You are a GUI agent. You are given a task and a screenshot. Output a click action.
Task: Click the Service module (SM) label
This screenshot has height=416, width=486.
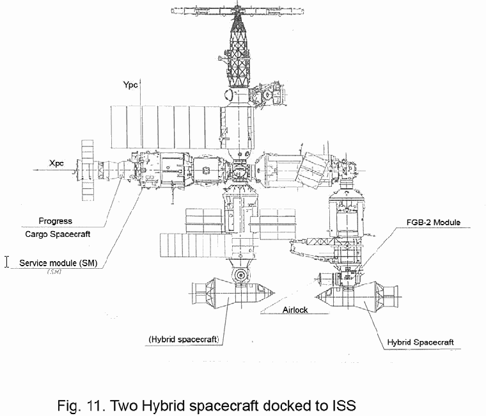(x=58, y=263)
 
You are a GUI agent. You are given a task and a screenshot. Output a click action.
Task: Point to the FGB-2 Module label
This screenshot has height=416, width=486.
(x=432, y=223)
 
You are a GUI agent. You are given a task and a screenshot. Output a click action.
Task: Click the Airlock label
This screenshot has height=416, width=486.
(x=295, y=310)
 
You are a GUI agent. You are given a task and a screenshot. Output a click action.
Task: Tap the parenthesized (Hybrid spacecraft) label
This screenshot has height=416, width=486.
(x=184, y=338)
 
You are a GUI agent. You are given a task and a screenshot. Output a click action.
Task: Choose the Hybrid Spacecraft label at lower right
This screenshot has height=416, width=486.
(x=420, y=342)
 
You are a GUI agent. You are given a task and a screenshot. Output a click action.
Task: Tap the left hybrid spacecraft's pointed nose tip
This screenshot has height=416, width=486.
(x=275, y=294)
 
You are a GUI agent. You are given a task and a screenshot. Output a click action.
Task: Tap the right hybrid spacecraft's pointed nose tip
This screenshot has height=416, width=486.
(x=317, y=295)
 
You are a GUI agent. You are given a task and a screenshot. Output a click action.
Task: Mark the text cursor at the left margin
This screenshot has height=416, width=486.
(x=7, y=261)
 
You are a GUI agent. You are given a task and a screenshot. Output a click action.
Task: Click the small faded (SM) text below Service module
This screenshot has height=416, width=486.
(x=54, y=273)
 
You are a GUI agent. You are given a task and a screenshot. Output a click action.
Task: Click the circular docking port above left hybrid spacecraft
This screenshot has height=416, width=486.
(x=240, y=276)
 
